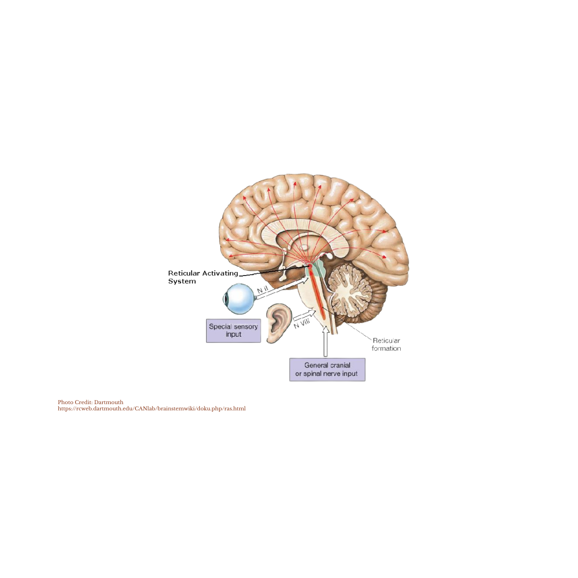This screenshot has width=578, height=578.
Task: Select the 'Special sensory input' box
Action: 233,330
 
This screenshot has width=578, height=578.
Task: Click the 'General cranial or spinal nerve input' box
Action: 327,370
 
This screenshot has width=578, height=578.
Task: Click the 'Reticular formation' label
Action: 386,344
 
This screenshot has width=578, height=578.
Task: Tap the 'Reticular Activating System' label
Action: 202,276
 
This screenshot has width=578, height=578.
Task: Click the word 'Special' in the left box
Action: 220,327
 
